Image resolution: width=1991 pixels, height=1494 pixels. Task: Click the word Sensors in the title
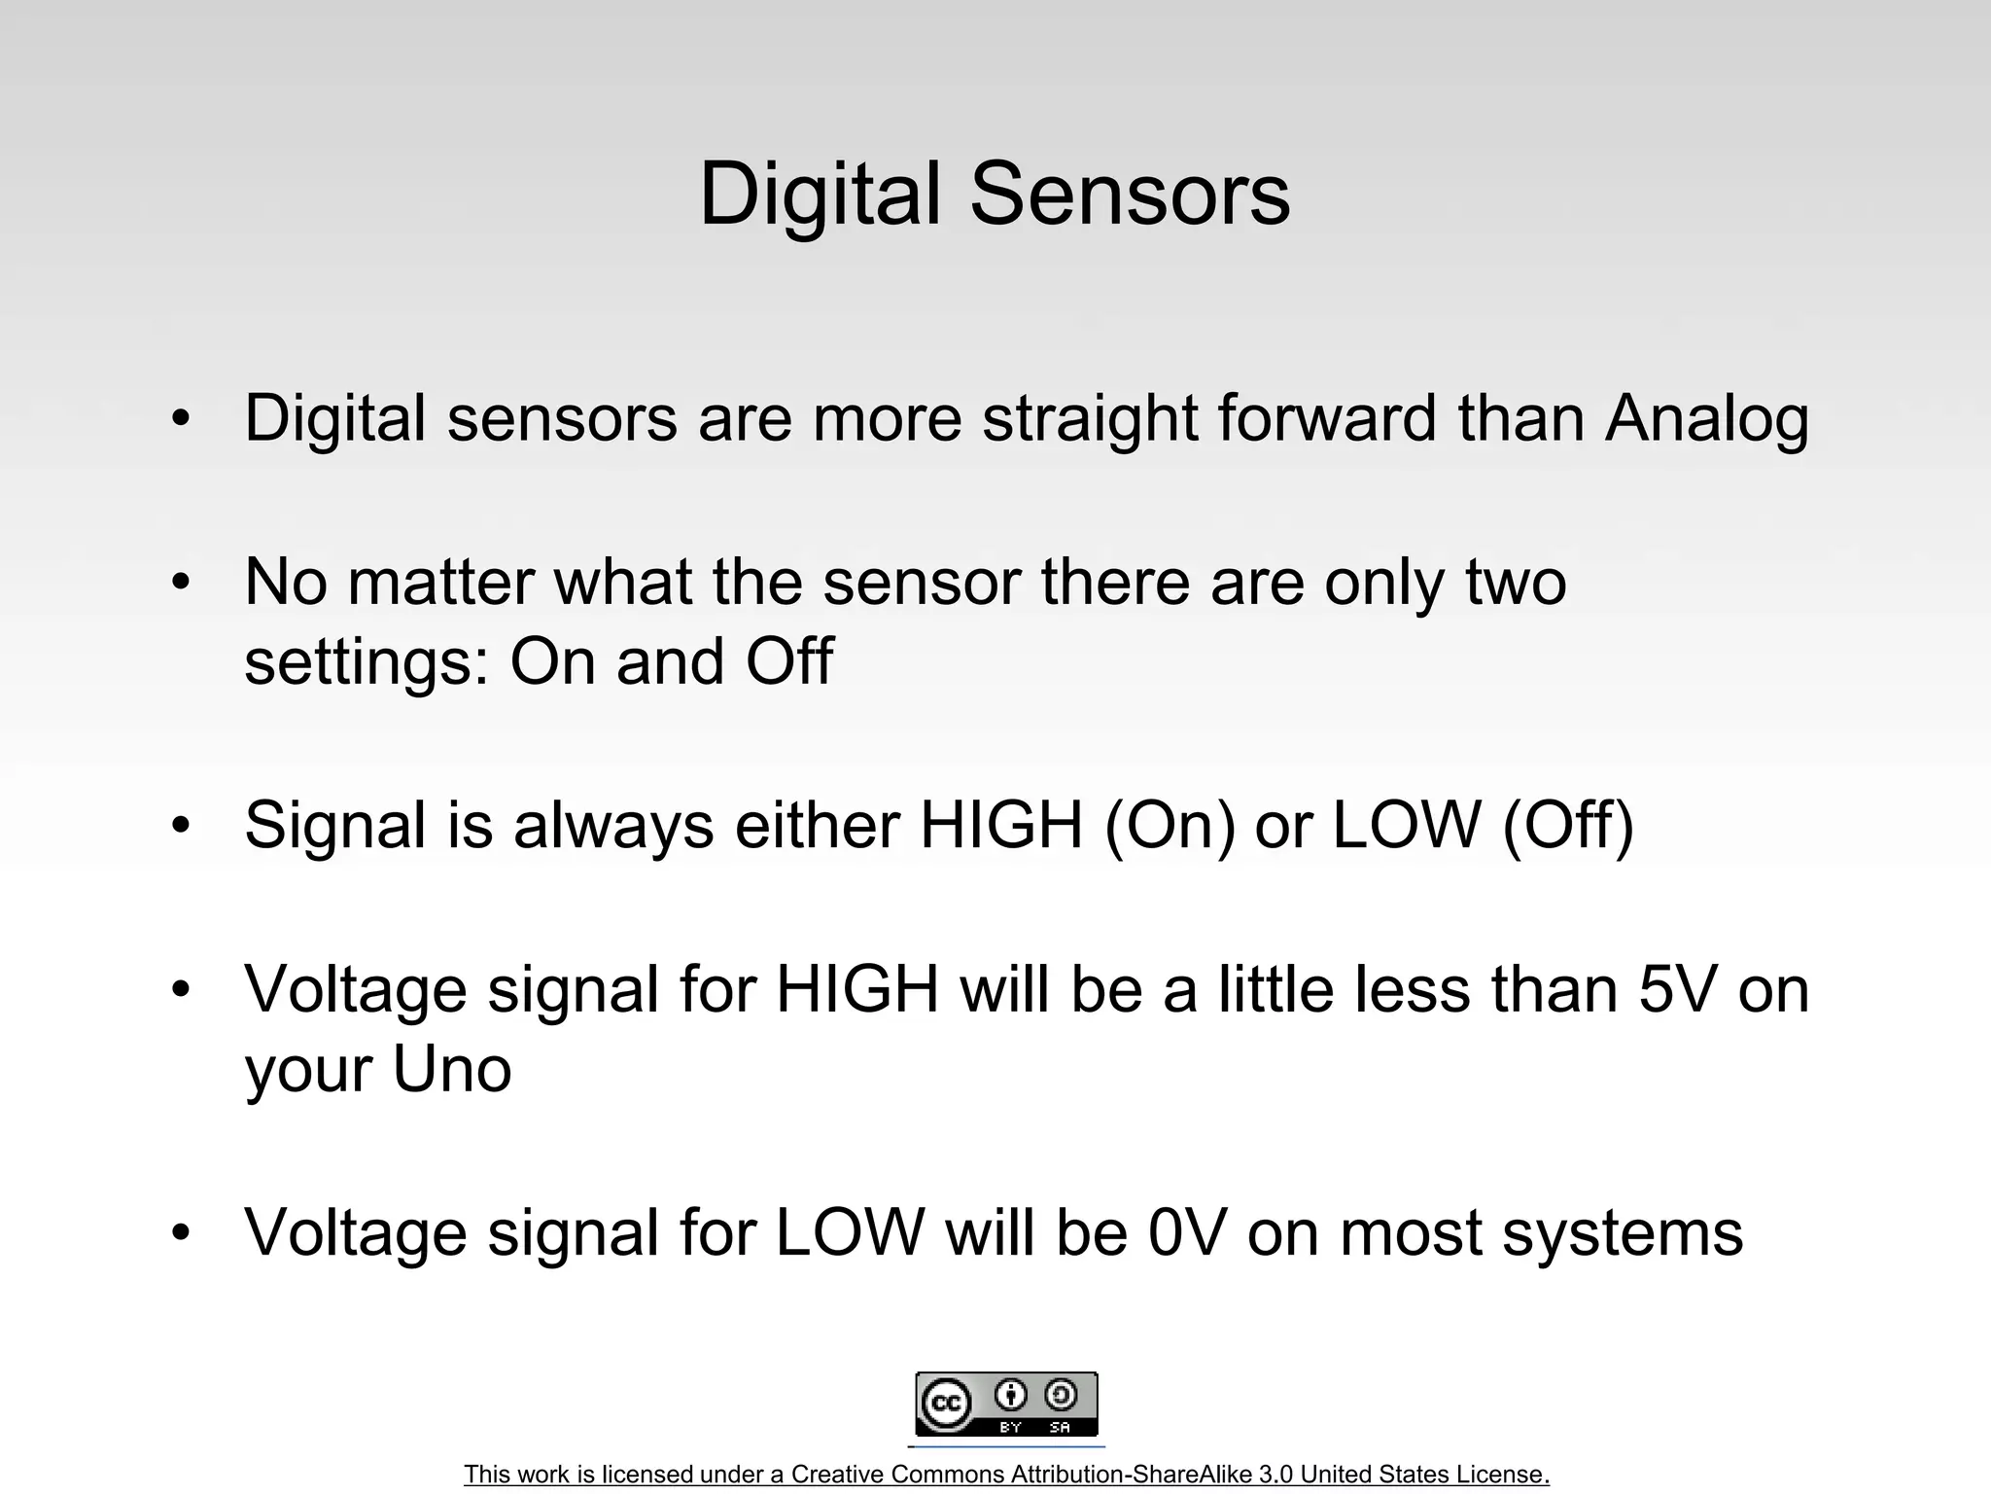pos(1130,195)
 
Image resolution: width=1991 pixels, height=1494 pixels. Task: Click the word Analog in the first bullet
pos(1706,418)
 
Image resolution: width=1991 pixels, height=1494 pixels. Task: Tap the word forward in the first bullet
pos(1327,418)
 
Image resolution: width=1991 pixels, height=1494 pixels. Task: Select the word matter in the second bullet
pos(439,582)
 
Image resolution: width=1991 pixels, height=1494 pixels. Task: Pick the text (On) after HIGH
pos(1170,825)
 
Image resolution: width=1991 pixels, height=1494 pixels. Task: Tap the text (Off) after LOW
pos(1568,825)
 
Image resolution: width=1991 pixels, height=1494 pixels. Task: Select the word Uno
pos(451,1069)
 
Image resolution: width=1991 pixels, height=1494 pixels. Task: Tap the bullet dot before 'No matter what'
pos(181,584)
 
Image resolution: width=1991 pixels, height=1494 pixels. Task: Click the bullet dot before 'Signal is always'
pos(181,826)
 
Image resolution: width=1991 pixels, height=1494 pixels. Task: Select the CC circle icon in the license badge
pos(946,1404)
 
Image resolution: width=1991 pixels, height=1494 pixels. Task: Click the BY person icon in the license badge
pos(1011,1396)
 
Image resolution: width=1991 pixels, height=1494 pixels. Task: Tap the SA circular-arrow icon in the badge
pos(1060,1396)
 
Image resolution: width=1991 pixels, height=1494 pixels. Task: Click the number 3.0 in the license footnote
pos(1275,1475)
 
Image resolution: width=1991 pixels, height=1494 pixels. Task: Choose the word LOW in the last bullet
pos(849,1232)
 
